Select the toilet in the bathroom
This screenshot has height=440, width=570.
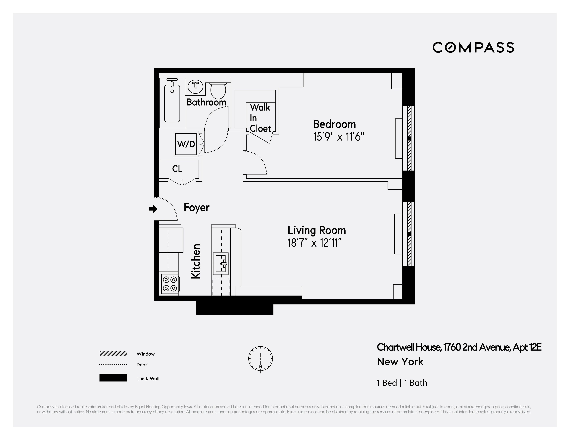pyautogui.click(x=218, y=90)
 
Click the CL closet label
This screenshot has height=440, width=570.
pyautogui.click(x=177, y=169)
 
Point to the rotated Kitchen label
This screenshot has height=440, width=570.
pyautogui.click(x=196, y=261)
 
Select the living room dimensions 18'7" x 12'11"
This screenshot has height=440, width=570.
pyautogui.click(x=314, y=243)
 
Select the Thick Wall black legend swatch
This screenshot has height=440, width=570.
pyautogui.click(x=113, y=378)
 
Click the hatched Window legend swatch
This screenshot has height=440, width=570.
pyautogui.click(x=113, y=354)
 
